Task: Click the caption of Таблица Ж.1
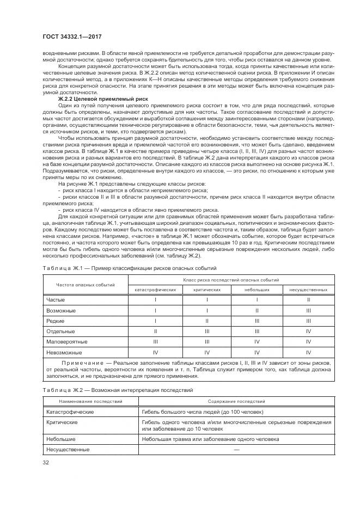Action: (129, 268)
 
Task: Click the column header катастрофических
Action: (155, 290)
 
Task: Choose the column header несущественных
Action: (308, 290)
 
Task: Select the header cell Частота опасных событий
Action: (86, 285)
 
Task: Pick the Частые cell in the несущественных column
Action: (308, 300)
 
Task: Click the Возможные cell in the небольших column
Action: (257, 310)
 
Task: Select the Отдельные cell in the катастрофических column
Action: (155, 331)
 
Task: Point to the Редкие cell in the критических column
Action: (206, 321)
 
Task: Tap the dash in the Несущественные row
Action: (235, 450)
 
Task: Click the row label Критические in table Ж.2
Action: (62, 422)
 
